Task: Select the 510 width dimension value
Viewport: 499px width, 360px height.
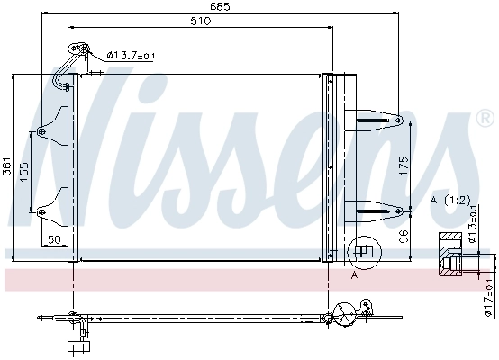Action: [200, 22]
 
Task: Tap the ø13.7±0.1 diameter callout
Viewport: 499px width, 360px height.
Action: [131, 56]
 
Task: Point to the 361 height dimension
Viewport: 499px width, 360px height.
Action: [7, 166]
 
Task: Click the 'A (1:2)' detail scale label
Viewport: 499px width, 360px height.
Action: [449, 198]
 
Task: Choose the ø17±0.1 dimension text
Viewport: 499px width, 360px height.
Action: [490, 293]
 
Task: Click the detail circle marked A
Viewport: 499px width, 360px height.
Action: [362, 252]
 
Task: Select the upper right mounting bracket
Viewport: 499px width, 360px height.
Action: [374, 118]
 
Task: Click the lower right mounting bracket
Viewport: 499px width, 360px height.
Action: [374, 211]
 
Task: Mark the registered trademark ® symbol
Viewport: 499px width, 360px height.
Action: [485, 119]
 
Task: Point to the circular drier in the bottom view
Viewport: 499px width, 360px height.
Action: [344, 315]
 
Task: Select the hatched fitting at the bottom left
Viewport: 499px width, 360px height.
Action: [77, 344]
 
